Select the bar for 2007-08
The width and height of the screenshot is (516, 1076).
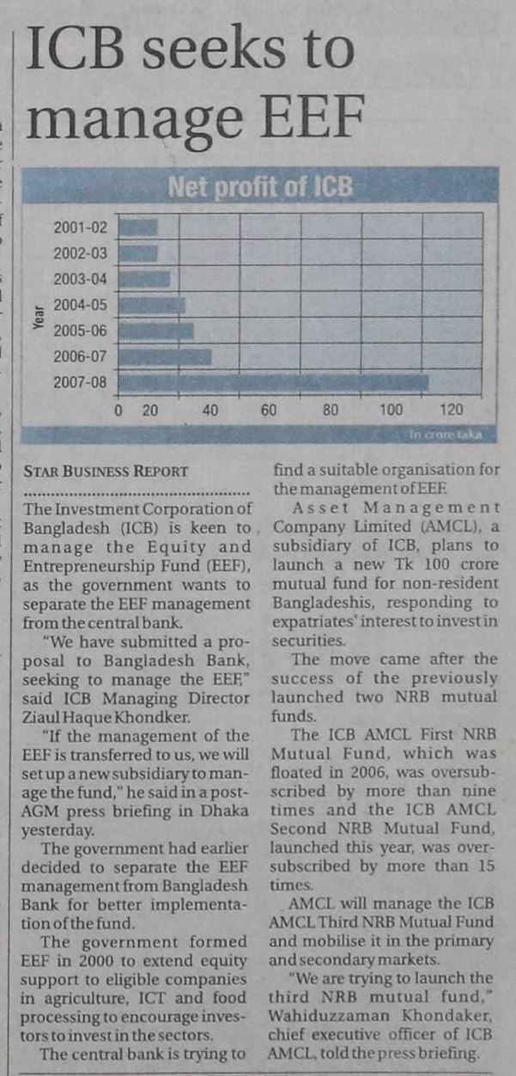pos(273,381)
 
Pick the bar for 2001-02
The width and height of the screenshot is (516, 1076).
pos(138,228)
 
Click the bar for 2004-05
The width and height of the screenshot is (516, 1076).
pos(151,305)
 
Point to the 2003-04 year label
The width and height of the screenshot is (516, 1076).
pos(81,279)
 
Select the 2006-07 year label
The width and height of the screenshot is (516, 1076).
pos(81,356)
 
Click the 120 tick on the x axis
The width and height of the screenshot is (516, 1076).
pos(452,410)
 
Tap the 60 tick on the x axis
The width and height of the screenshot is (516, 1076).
pos(269,410)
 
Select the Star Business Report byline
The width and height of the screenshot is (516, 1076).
pos(107,471)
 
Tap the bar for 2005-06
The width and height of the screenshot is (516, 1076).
pos(155,331)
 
